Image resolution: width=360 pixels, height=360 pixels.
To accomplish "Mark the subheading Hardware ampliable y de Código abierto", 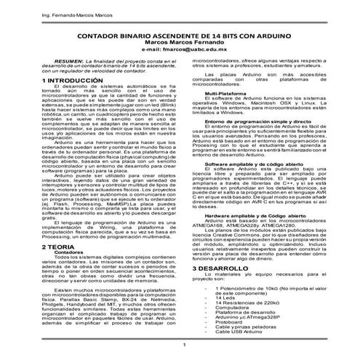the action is [255, 217].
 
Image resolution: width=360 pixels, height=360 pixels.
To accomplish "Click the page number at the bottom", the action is [184, 344].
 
